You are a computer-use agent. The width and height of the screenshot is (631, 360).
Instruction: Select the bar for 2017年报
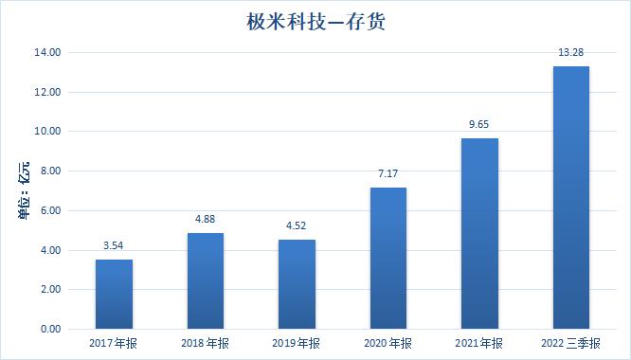[114, 294]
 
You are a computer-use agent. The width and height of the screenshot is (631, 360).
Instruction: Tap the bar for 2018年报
[205, 280]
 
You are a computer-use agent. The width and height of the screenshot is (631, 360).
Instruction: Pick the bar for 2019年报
[297, 284]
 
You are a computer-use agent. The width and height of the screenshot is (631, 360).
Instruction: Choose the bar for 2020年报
[388, 258]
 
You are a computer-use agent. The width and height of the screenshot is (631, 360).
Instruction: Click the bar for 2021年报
[479, 233]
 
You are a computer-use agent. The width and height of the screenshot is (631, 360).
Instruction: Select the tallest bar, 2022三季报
[570, 197]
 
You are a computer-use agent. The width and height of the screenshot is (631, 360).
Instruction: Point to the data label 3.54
[114, 246]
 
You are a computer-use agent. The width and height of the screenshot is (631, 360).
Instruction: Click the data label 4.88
[205, 220]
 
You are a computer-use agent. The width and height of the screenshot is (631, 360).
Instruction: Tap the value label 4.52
[297, 226]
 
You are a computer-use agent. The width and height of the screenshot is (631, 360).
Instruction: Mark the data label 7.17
[388, 174]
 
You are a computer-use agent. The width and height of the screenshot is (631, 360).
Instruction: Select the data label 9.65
[479, 125]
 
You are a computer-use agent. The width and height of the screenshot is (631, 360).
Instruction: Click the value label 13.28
[570, 53]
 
